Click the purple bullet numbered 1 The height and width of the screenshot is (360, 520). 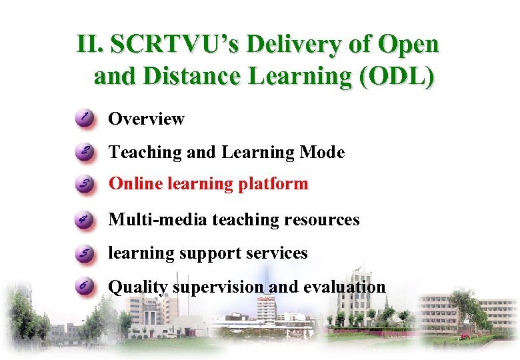[85, 119]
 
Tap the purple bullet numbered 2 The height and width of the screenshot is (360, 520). [85, 152]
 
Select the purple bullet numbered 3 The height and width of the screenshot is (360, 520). [85, 185]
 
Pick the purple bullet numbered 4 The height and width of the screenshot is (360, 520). [85, 219]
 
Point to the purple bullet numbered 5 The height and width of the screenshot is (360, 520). [85, 253]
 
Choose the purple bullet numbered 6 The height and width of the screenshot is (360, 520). [85, 287]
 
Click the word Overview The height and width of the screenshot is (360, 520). [146, 119]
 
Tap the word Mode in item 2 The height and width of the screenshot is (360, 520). [323, 152]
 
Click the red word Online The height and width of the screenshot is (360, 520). [131, 184]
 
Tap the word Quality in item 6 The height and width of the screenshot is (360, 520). [138, 287]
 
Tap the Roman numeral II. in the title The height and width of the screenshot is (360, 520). [89, 45]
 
